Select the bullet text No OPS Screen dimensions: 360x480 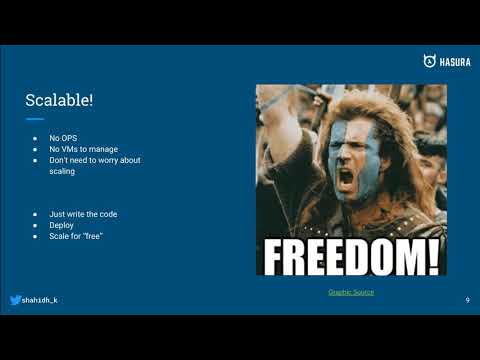click(63, 138)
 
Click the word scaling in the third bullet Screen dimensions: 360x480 click(62, 171)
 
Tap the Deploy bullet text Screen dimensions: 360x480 click(61, 225)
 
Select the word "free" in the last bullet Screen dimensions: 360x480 click(91, 236)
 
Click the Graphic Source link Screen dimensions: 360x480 click(351, 292)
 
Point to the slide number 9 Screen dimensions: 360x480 click(467, 300)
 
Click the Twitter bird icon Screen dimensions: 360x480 click(15, 300)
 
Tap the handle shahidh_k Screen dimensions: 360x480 click(39, 300)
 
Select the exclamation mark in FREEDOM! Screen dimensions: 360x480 click(432, 255)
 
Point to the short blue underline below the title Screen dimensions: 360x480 click(35, 119)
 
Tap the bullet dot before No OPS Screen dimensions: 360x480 click(35, 138)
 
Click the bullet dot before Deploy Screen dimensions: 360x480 click(35, 225)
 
